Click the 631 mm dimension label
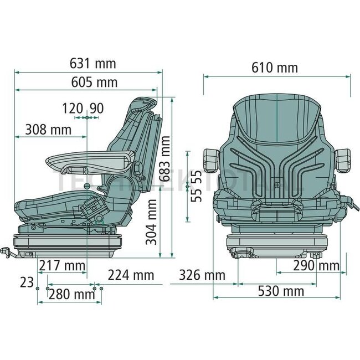(x=94, y=64)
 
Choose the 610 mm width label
(x=275, y=68)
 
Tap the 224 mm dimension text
(x=131, y=275)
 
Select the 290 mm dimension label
(x=316, y=266)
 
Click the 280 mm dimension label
(x=72, y=294)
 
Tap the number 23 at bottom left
(x=26, y=282)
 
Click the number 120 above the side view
(x=72, y=109)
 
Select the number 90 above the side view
(x=96, y=109)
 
